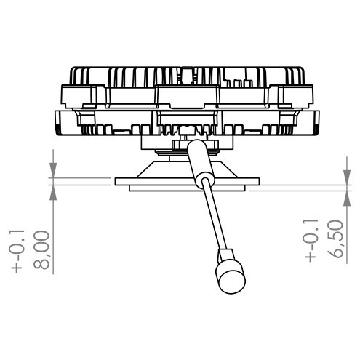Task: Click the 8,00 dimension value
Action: (x=41, y=250)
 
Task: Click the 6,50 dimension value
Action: (x=335, y=239)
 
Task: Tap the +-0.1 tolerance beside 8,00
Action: (x=17, y=251)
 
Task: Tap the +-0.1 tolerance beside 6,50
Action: (x=311, y=240)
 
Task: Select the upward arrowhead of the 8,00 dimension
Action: (x=53, y=193)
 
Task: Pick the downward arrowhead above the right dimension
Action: (x=347, y=177)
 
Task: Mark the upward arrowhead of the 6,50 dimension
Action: (x=347, y=199)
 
